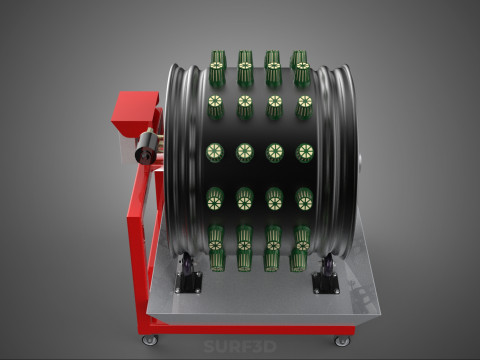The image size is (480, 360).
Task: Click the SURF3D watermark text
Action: pos(240,347)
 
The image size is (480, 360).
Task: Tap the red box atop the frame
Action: pos(135,112)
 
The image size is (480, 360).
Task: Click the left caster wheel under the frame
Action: pos(150,340)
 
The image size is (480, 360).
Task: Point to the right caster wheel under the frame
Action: pos(343,341)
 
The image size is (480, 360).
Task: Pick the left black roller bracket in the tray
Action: pos(188,275)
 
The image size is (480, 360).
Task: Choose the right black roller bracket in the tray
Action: pos(326,275)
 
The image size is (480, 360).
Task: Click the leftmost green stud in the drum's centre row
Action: pos(215,152)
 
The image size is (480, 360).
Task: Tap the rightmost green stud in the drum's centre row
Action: pos(305,153)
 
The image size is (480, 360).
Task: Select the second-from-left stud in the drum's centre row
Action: pos(245,153)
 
